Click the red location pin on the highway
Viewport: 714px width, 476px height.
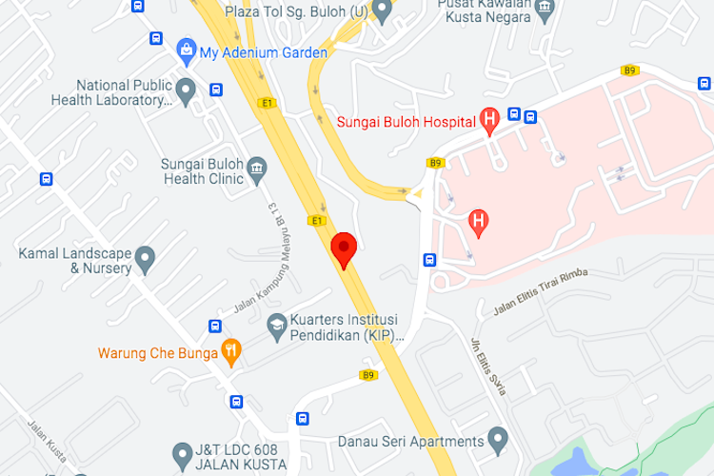point(344,248)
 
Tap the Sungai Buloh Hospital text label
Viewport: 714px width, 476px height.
point(406,121)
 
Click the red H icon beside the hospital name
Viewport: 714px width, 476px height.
point(490,120)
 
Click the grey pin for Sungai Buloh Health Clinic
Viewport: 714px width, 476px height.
point(257,171)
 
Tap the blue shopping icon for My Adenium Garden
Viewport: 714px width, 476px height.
point(186,49)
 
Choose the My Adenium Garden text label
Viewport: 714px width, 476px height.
point(263,52)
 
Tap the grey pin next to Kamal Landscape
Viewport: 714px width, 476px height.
point(145,257)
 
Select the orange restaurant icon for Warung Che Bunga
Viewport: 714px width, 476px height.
point(230,352)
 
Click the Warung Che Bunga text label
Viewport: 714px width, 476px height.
point(157,353)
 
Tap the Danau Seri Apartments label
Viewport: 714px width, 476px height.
point(411,442)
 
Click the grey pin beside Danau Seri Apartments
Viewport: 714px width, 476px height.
point(497,440)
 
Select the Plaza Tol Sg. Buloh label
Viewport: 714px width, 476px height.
point(295,12)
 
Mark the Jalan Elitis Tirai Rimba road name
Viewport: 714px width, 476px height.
point(540,291)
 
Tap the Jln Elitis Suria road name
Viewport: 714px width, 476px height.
point(489,367)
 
